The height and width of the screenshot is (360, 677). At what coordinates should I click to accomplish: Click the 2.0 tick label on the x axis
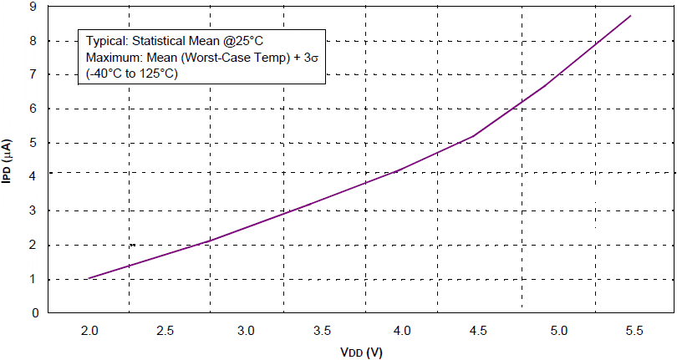(89, 331)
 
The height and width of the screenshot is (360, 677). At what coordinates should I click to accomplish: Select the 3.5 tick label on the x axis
(322, 331)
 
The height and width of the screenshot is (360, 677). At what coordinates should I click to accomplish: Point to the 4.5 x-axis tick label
(477, 331)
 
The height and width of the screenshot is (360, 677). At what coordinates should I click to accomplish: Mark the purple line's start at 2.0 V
(88, 278)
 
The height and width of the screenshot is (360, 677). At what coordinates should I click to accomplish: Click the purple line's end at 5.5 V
(630, 15)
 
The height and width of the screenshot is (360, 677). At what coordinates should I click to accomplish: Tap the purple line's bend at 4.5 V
(474, 136)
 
